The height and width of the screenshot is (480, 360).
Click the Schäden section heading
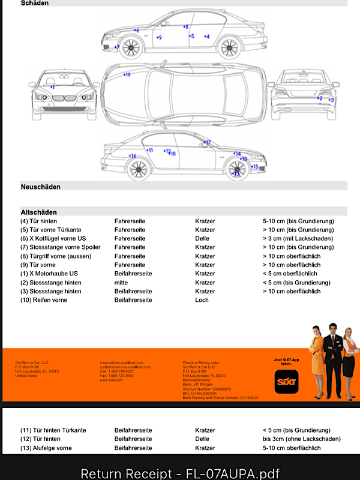pyautogui.click(x=35, y=3)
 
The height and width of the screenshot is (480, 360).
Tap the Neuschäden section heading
pyautogui.click(x=40, y=187)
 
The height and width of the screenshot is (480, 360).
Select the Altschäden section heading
pyautogui.click(x=38, y=212)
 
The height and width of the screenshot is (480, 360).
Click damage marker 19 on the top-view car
pyautogui.click(x=127, y=74)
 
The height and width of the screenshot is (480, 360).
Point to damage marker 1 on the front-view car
pyautogui.click(x=52, y=88)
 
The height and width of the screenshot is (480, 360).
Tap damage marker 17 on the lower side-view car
pyautogui.click(x=207, y=143)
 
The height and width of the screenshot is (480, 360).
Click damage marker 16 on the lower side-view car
pyautogui.click(x=132, y=156)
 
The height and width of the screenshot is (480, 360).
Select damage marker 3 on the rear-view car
pyautogui.click(x=331, y=100)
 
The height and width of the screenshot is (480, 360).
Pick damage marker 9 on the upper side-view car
pyautogui.click(x=159, y=38)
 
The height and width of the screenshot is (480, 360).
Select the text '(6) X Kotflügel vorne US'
pyautogui.click(x=57, y=238)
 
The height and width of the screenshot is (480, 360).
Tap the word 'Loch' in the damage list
pyautogui.click(x=202, y=299)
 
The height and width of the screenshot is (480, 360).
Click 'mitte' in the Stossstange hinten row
pyautogui.click(x=121, y=282)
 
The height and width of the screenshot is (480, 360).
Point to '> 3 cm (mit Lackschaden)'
pyautogui.click(x=298, y=238)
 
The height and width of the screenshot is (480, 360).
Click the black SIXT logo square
pyautogui.click(x=286, y=382)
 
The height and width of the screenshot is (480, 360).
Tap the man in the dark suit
pyautogui.click(x=331, y=360)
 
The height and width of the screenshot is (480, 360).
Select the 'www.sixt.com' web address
pyautogui.click(x=112, y=380)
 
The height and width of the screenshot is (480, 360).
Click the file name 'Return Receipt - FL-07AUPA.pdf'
pyautogui.click(x=180, y=473)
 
